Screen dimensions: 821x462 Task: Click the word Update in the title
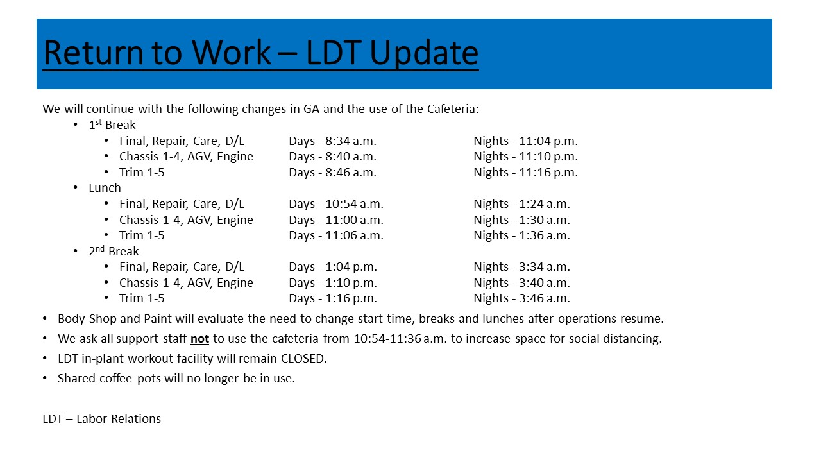click(x=424, y=53)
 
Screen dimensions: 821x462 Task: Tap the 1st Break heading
click(x=112, y=124)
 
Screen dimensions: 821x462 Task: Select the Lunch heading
click(x=105, y=188)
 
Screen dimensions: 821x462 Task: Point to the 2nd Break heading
click(x=114, y=251)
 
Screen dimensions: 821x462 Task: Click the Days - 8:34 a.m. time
click(x=333, y=141)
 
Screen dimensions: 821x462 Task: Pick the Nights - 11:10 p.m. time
click(x=525, y=156)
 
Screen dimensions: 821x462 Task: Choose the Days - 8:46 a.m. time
click(x=333, y=173)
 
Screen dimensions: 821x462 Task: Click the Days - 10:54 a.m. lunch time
click(x=336, y=204)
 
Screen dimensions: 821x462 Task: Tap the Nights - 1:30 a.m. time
click(x=522, y=219)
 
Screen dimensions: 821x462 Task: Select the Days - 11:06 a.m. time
click(x=336, y=235)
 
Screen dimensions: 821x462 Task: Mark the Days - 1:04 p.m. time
click(x=333, y=266)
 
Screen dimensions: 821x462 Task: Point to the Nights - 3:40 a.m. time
click(x=522, y=283)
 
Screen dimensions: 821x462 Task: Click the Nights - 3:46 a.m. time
click(x=522, y=298)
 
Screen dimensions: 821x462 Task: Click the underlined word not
click(x=199, y=339)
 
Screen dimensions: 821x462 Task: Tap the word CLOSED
click(x=304, y=358)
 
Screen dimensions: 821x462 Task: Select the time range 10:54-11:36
click(x=387, y=338)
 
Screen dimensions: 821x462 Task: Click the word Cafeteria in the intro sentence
click(x=453, y=109)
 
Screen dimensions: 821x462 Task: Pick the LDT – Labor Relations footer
click(x=102, y=419)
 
